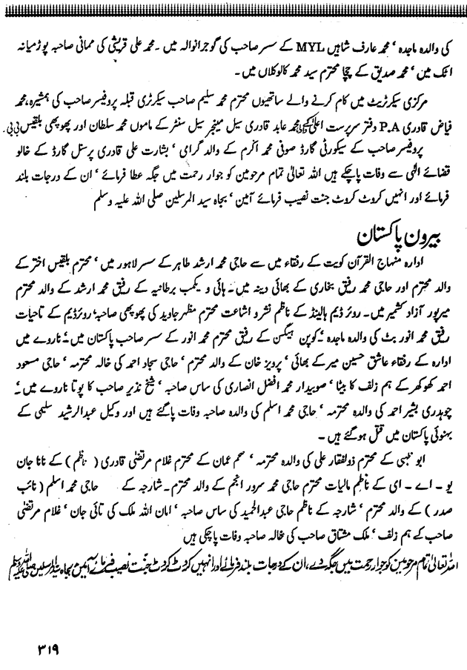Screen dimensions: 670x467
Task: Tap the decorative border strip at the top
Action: [x=233, y=5]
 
